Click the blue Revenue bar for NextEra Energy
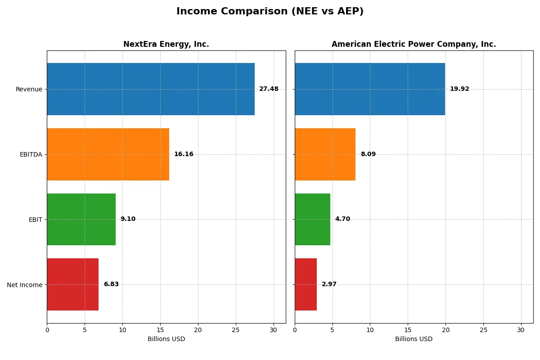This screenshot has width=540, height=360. pyautogui.click(x=151, y=89)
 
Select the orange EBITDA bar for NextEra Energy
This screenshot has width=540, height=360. pyautogui.click(x=108, y=154)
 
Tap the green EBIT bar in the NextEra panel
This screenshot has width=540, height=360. pyautogui.click(x=81, y=219)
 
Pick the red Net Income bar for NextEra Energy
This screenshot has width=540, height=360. pyautogui.click(x=72, y=284)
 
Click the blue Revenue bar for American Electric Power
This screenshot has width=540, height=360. pyautogui.click(x=370, y=89)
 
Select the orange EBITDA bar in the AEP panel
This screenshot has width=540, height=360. pyautogui.click(x=325, y=154)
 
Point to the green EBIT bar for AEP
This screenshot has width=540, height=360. pyautogui.click(x=312, y=219)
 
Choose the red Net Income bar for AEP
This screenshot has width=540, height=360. pyautogui.click(x=306, y=284)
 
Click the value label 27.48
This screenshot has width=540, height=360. pyautogui.click(x=269, y=89)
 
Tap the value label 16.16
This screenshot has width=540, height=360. pyautogui.click(x=184, y=154)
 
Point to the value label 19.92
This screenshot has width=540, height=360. pyautogui.click(x=459, y=89)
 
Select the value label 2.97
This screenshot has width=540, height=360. pyautogui.click(x=329, y=284)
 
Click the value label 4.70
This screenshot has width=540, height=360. pyautogui.click(x=342, y=219)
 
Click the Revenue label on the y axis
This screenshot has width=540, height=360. pyautogui.click(x=29, y=89)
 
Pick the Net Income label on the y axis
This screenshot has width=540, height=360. pyautogui.click(x=25, y=285)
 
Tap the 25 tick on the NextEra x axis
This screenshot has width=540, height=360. pyautogui.click(x=235, y=330)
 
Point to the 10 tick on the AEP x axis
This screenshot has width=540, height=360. pyautogui.click(x=370, y=330)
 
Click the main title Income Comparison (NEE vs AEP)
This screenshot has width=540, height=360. pyautogui.click(x=270, y=11)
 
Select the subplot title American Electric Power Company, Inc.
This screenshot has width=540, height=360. pyautogui.click(x=414, y=44)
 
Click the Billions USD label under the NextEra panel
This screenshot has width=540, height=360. pyautogui.click(x=166, y=339)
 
